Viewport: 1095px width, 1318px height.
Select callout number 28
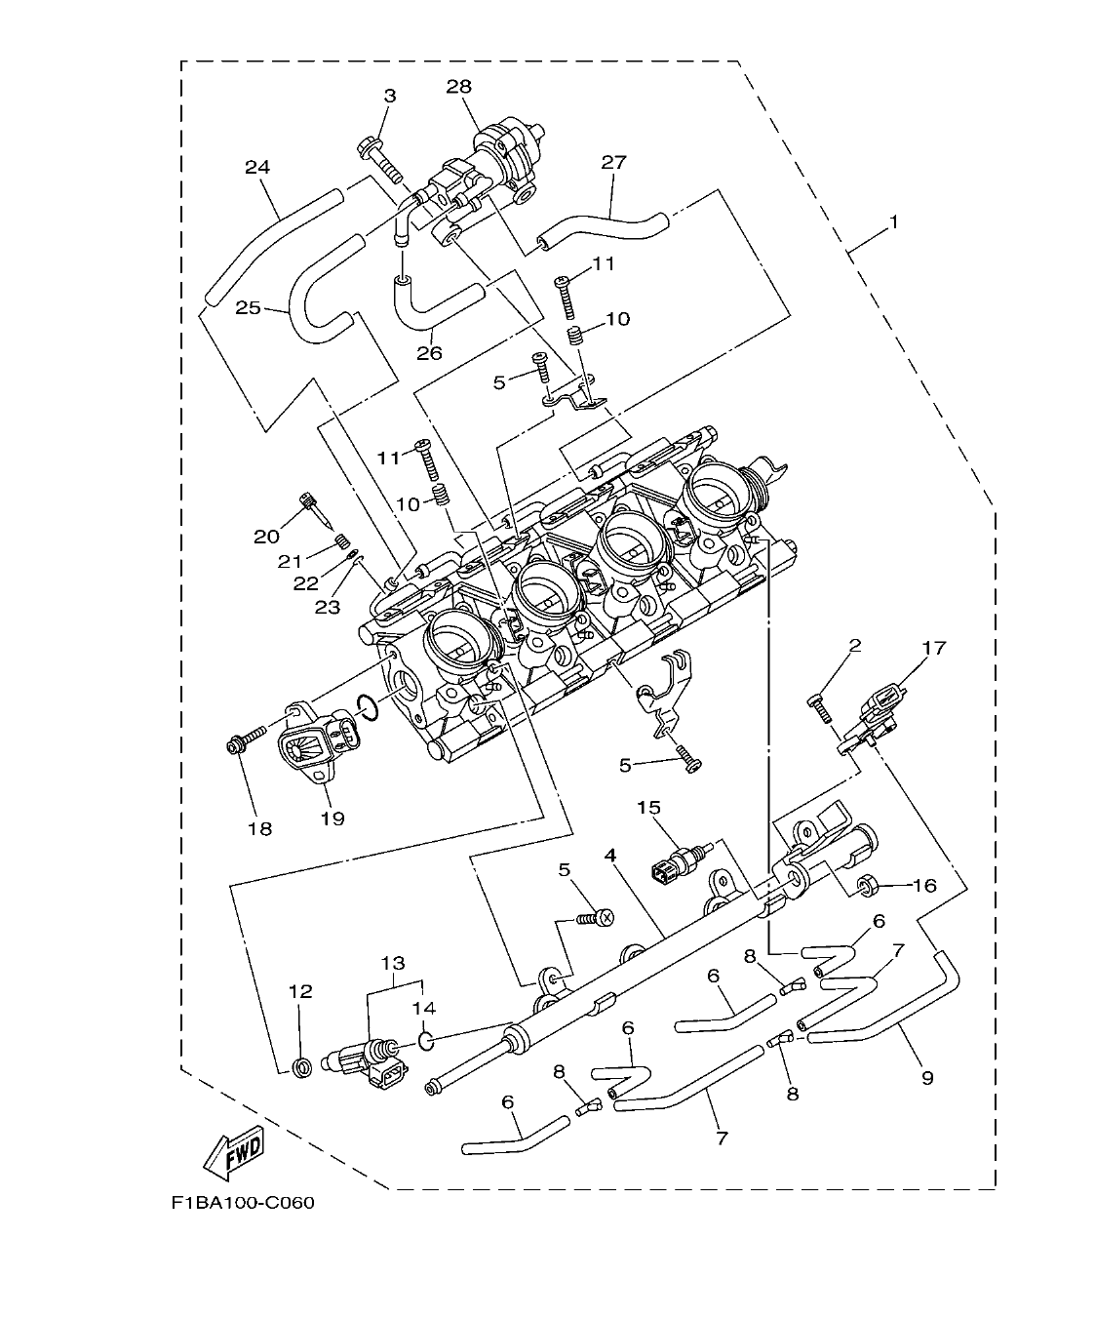(458, 87)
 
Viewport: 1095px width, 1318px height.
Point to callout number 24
(256, 167)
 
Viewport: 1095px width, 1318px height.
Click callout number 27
(613, 162)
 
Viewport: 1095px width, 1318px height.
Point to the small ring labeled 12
(303, 1065)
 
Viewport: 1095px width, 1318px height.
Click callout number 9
(927, 1077)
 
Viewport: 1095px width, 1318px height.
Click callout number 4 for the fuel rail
(609, 855)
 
